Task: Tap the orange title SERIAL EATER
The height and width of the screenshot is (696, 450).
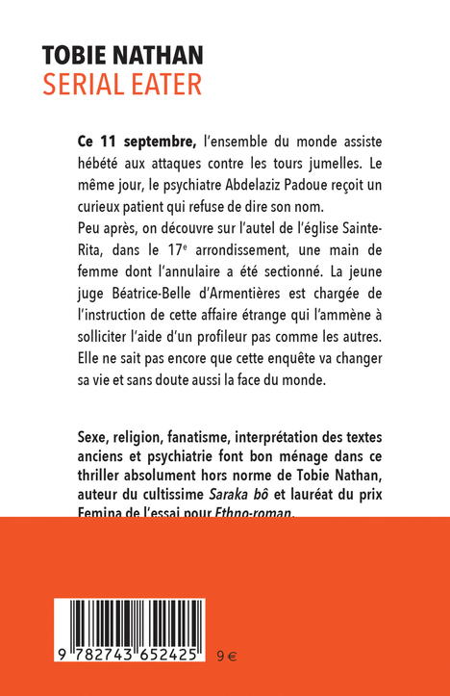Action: [121, 84]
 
